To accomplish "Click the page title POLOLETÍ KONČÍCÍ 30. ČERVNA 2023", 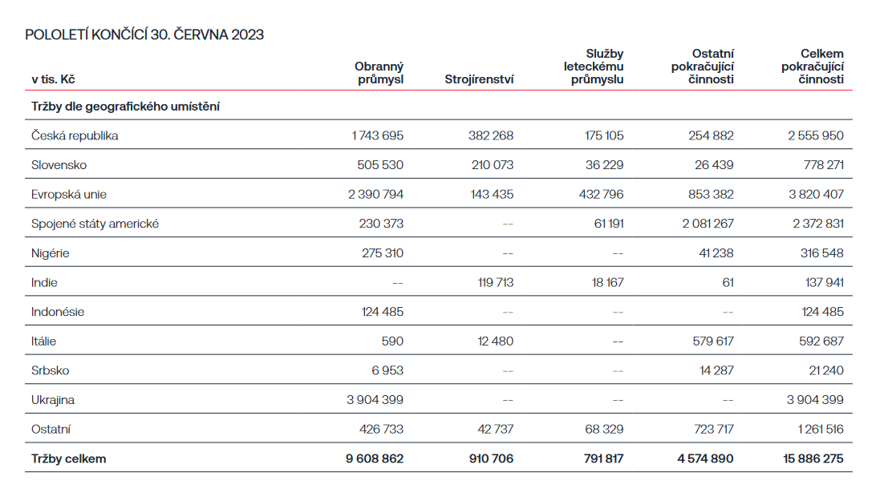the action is tap(144, 34).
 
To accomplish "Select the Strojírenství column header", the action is tap(479, 79).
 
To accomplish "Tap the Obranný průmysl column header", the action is tap(379, 73).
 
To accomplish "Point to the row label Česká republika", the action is tap(75, 135).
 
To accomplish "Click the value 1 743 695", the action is tap(377, 135).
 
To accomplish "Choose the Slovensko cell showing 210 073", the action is tap(493, 165).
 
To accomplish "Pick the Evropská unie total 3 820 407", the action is tap(816, 194).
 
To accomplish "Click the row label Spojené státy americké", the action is tap(95, 224).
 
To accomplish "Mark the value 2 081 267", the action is tap(708, 224).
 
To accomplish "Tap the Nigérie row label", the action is tap(50, 253).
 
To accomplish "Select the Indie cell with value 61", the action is tap(728, 282).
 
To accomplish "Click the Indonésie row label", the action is tap(58, 312).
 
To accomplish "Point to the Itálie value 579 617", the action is tap(713, 341).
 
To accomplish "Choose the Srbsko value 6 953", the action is tap(387, 370).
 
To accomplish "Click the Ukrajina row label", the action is tap(53, 400).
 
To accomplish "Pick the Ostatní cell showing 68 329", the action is tap(604, 429).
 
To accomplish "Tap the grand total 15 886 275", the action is tap(813, 459).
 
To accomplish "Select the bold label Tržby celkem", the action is tap(68, 459).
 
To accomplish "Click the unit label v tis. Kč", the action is tap(53, 79).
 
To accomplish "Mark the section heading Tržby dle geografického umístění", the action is tap(126, 107).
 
